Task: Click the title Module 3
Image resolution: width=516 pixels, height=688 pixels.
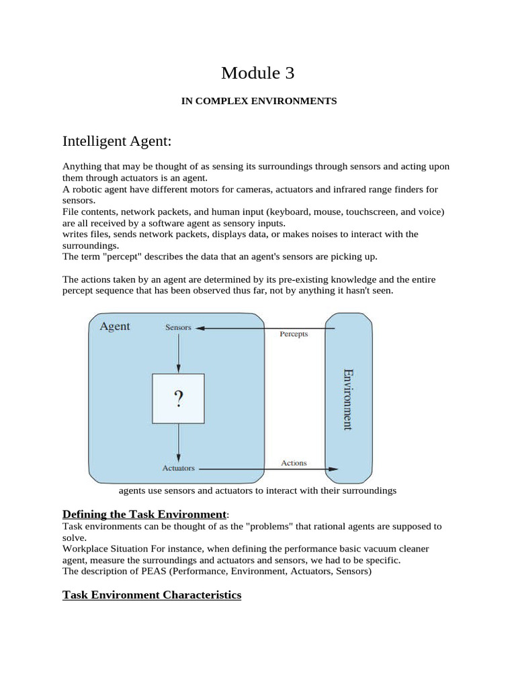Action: pyautogui.click(x=258, y=73)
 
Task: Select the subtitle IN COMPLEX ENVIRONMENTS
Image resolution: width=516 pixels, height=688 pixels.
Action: pyautogui.click(x=259, y=101)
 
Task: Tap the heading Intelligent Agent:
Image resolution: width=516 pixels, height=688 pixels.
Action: pyautogui.click(x=117, y=141)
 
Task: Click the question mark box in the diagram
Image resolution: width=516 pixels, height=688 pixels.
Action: pyautogui.click(x=178, y=399)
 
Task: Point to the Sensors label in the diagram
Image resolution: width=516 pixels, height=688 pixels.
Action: pyautogui.click(x=178, y=328)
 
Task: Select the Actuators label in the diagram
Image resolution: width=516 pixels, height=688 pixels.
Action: pyautogui.click(x=178, y=468)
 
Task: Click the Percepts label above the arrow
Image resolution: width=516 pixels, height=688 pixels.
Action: pyautogui.click(x=294, y=334)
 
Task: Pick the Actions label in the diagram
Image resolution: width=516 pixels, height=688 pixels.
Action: pyautogui.click(x=294, y=463)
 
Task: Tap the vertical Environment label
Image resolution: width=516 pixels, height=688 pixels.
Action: pyautogui.click(x=347, y=399)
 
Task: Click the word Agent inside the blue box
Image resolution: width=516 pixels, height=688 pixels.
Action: pyautogui.click(x=115, y=327)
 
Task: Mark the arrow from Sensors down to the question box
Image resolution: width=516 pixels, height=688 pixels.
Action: pyautogui.click(x=178, y=353)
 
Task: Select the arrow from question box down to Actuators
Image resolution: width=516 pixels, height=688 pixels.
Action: pyautogui.click(x=178, y=443)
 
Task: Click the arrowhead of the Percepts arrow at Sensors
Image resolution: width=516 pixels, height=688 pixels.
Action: pyautogui.click(x=200, y=328)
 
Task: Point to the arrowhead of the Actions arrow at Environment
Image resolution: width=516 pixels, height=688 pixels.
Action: pyautogui.click(x=334, y=468)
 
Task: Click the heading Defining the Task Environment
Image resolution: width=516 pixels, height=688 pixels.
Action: pyautogui.click(x=144, y=514)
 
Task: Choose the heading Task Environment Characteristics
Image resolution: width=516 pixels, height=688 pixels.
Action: pyautogui.click(x=152, y=595)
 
